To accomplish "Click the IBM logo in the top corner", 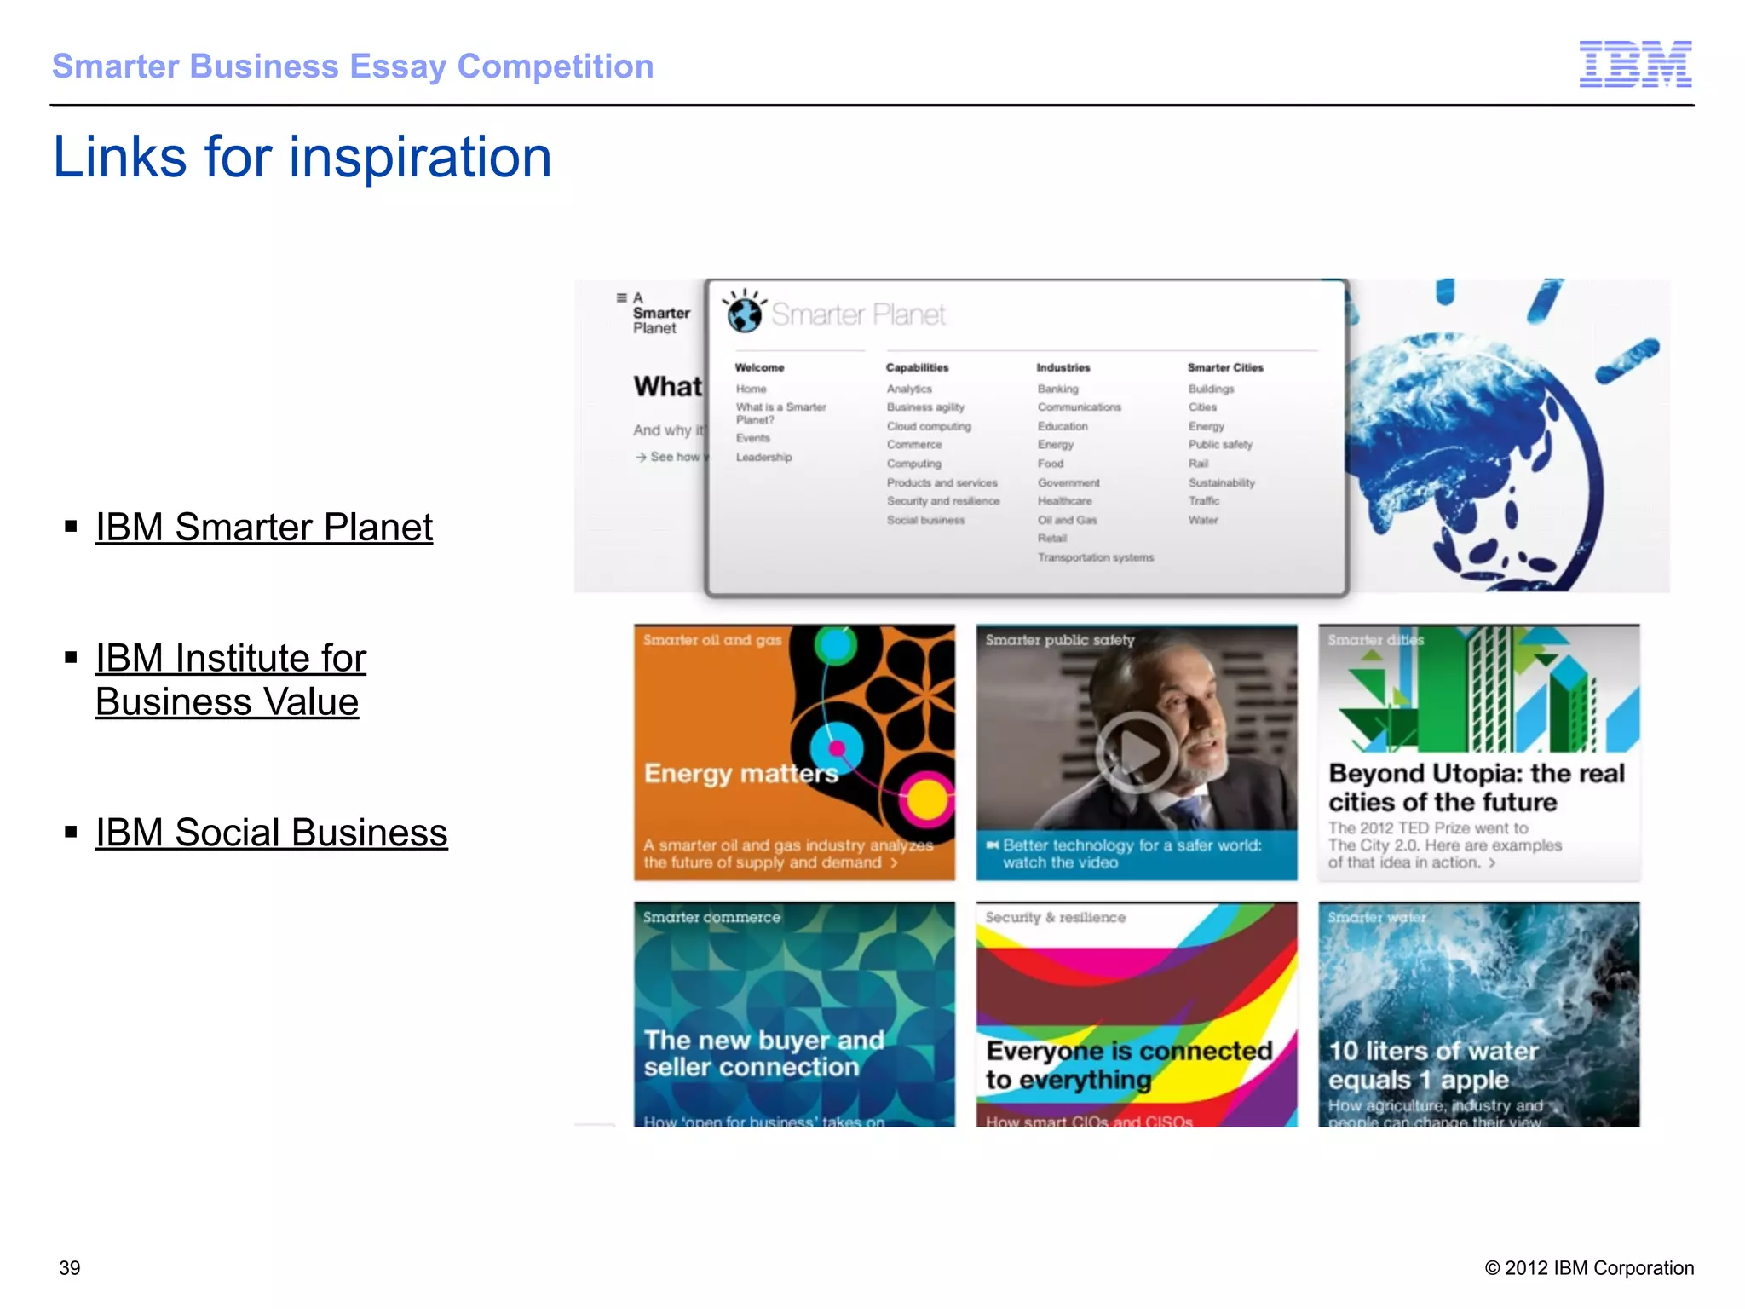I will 1634,64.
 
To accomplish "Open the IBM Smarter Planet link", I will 264,528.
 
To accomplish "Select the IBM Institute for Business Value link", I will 230,680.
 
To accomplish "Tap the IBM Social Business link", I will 271,833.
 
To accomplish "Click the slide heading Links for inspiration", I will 302,158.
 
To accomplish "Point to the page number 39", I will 70,1268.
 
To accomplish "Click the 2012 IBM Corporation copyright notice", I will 1589,1268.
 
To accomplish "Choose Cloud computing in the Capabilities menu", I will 928,426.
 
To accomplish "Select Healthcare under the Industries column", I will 1064,501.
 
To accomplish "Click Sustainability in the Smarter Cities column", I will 1221,482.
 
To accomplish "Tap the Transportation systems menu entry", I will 1095,557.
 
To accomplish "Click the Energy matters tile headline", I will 740,773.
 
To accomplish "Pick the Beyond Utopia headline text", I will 1476,787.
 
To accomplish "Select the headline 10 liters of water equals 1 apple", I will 1433,1065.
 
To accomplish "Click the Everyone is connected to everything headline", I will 1128,1065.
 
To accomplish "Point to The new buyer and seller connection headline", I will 763,1053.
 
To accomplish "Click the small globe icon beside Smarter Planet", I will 744,313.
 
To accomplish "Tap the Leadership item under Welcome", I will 763,458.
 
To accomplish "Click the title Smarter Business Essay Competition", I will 353,66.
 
